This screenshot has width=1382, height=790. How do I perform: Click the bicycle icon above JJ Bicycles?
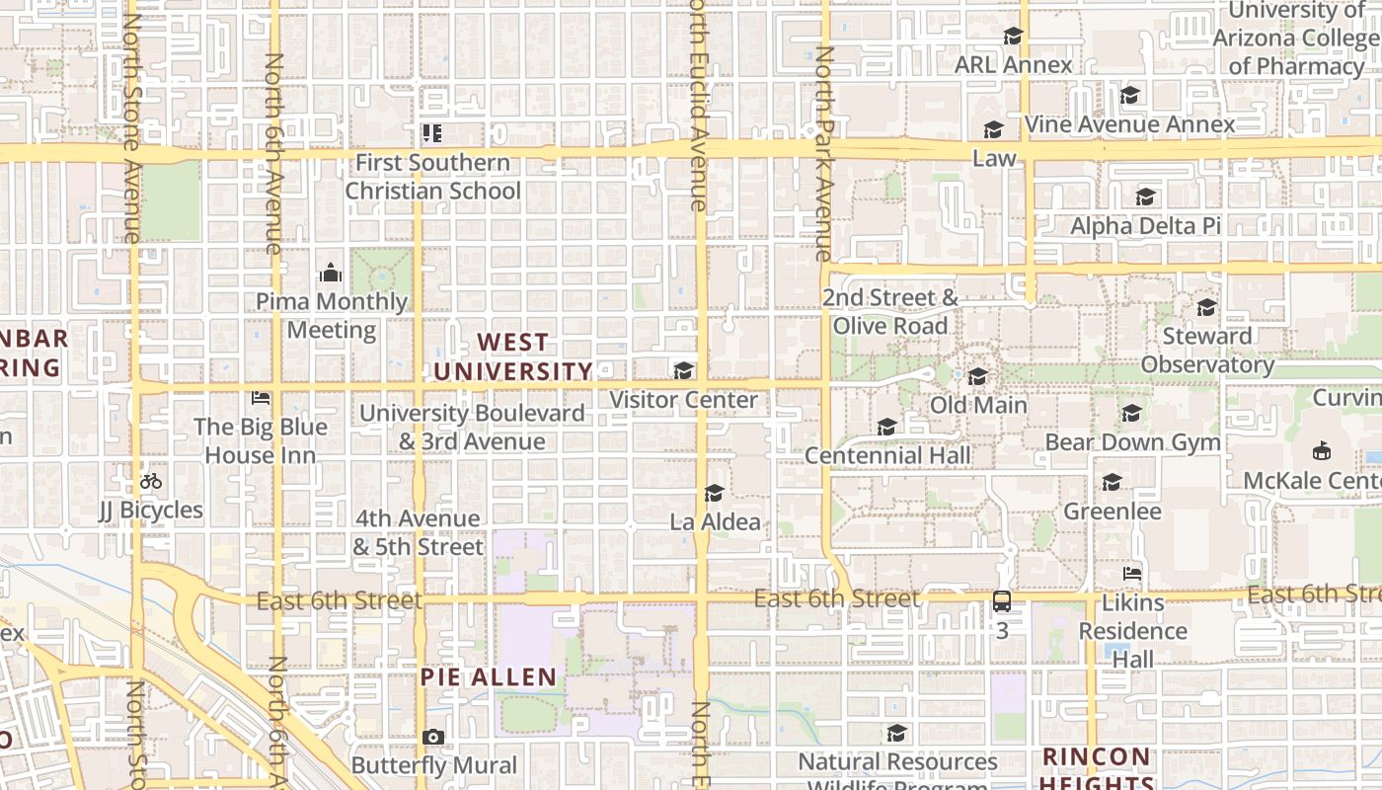click(x=151, y=482)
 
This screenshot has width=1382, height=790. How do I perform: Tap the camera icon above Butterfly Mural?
click(x=432, y=737)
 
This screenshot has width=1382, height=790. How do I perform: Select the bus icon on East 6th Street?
click(x=1002, y=601)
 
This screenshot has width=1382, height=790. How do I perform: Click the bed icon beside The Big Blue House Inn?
click(x=261, y=398)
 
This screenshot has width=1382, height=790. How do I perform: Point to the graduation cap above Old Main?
click(x=978, y=376)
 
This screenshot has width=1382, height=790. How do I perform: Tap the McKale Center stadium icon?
click(x=1321, y=451)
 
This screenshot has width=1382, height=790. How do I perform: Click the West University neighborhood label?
click(x=513, y=357)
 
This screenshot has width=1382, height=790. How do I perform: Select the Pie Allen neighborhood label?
click(x=489, y=677)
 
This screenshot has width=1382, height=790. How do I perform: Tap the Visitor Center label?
click(x=683, y=400)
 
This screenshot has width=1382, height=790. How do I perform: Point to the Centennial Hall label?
click(x=887, y=455)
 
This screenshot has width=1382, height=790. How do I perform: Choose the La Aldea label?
click(x=716, y=521)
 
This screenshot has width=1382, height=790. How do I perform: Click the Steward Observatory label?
click(x=1207, y=351)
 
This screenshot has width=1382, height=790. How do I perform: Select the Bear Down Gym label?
click(x=1132, y=441)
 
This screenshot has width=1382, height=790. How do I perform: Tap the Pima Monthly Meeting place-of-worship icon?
click(x=331, y=273)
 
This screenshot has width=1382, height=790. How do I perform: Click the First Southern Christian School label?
click(x=432, y=177)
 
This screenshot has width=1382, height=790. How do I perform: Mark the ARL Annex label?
click(x=1013, y=65)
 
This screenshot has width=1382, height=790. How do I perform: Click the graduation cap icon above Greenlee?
click(x=1113, y=482)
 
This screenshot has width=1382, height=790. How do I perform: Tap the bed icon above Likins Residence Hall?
click(x=1132, y=573)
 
